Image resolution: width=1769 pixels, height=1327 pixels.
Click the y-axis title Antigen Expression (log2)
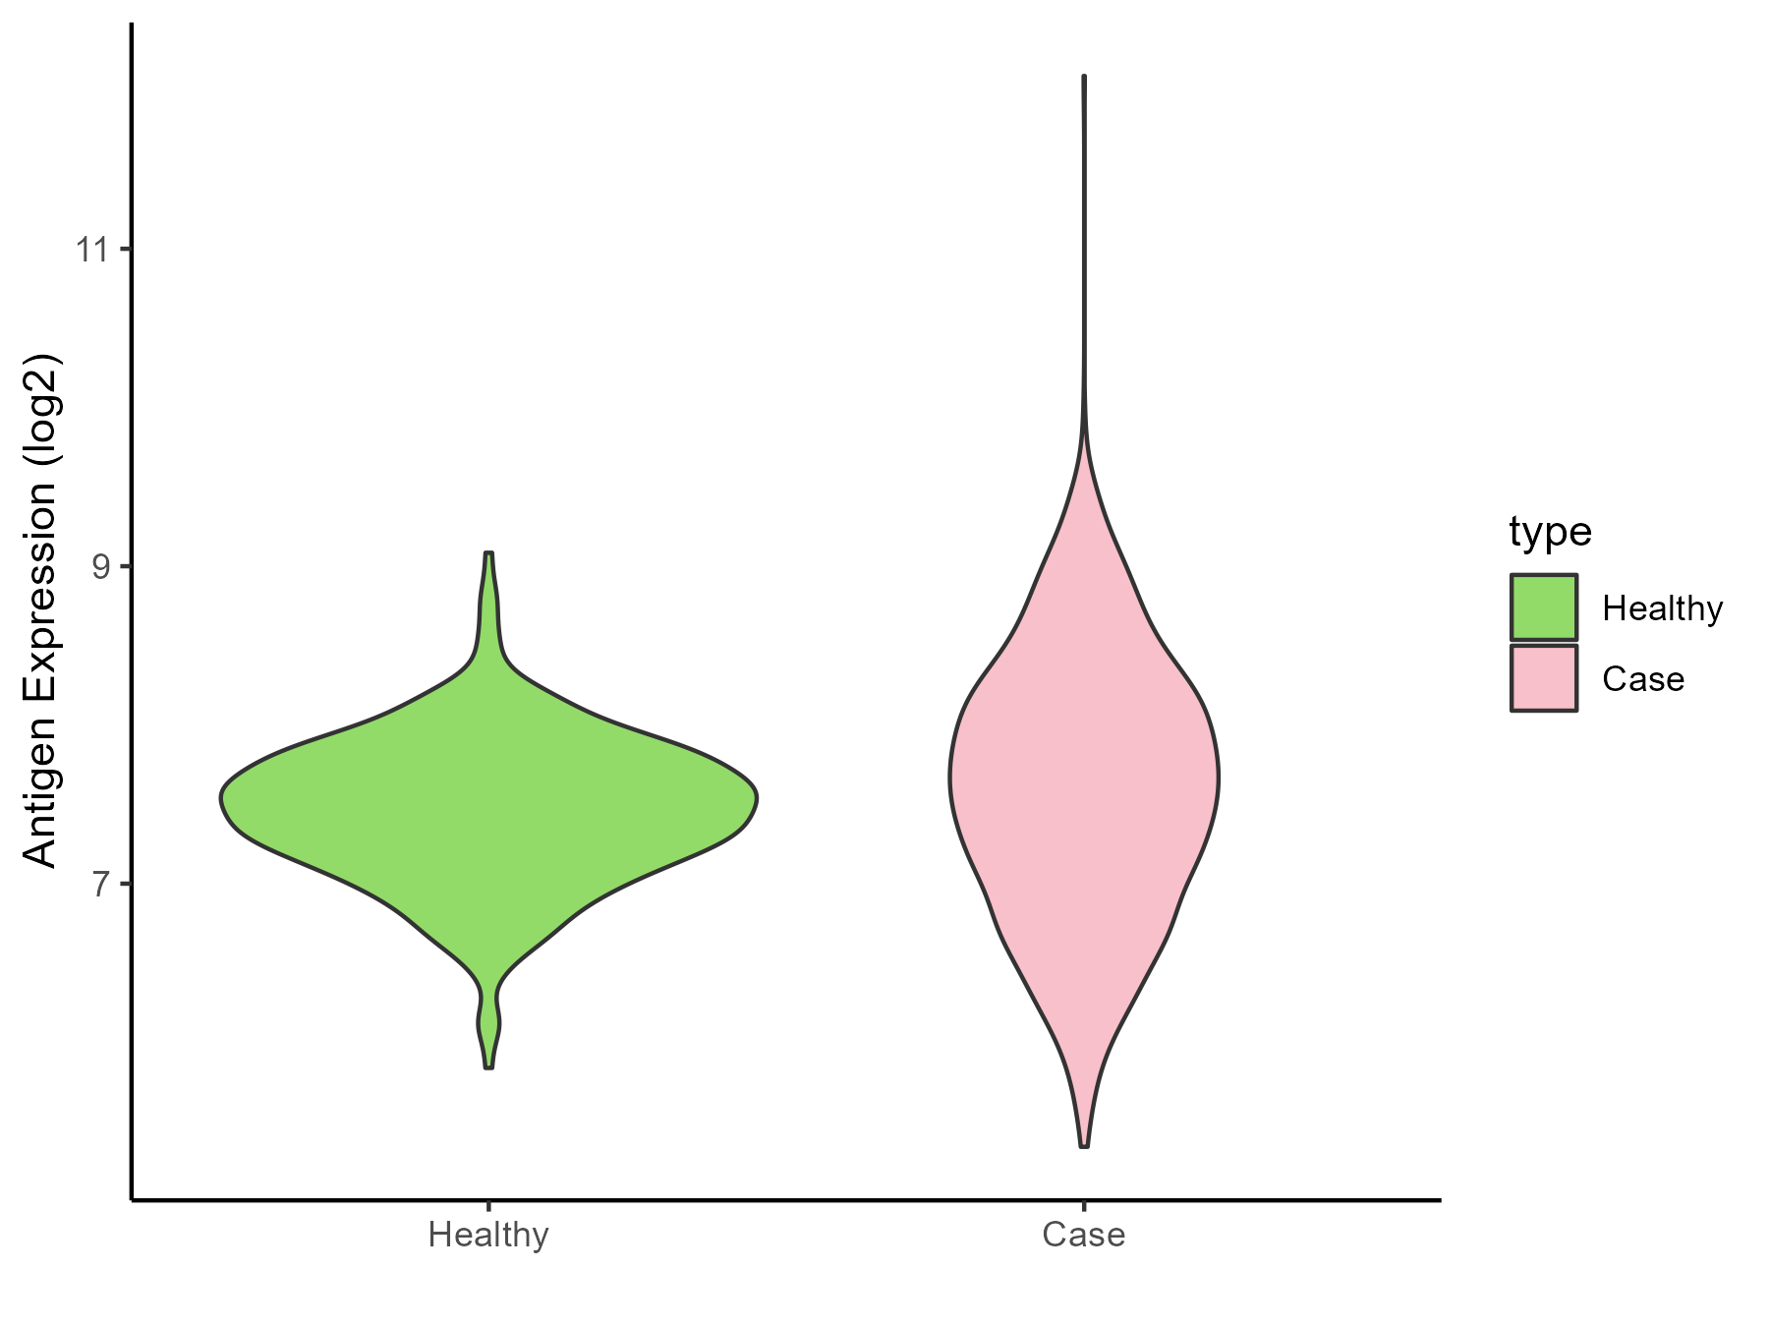click(x=41, y=609)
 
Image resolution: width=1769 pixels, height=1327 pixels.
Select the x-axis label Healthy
click(x=488, y=1235)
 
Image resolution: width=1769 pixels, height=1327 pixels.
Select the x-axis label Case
click(x=1083, y=1235)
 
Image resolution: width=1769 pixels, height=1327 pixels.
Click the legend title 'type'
click(x=1550, y=532)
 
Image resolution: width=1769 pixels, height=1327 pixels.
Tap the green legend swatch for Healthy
click(x=1544, y=607)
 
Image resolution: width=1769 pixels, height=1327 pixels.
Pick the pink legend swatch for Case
click(x=1544, y=678)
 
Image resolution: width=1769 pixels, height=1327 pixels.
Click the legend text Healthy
click(x=1662, y=608)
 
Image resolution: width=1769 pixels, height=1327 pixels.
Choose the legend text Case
click(x=1642, y=679)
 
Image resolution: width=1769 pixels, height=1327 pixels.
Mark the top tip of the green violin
click(x=488, y=553)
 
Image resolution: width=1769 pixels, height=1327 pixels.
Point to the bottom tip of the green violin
click(x=488, y=1067)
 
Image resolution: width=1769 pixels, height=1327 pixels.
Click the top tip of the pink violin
click(x=1083, y=76)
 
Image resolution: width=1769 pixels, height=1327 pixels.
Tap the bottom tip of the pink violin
click(x=1084, y=1146)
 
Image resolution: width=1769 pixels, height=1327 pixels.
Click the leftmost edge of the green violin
click(x=221, y=797)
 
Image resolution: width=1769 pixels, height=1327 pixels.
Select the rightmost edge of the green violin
click(x=756, y=797)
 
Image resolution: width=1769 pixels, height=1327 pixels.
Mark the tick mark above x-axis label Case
click(x=1083, y=1206)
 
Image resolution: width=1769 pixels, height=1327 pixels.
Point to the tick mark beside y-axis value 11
click(x=126, y=250)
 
